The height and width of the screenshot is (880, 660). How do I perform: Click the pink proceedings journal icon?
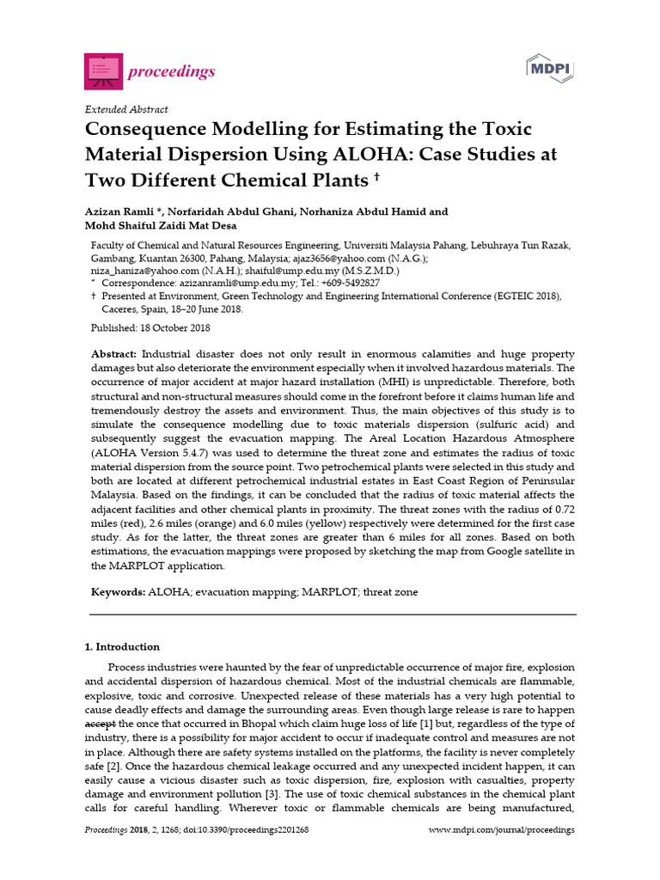pos(102,70)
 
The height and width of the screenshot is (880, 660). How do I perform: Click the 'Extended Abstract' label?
pos(125,109)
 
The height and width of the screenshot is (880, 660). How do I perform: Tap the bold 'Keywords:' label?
pos(119,593)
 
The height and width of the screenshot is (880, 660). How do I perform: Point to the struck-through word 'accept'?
pos(99,724)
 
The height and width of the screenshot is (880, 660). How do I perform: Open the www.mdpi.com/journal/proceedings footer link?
pos(501,830)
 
